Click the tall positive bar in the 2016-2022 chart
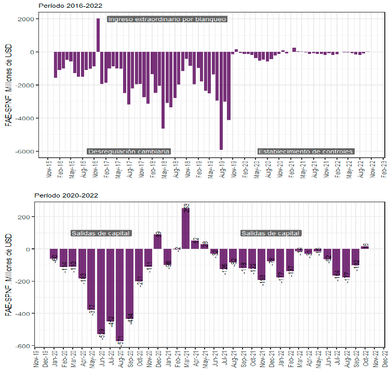pyautogui.click(x=98, y=35)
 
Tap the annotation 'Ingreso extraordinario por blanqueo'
pyautogui.click(x=167, y=19)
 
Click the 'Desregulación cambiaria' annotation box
pyautogui.click(x=129, y=151)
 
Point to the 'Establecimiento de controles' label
pyautogui.click(x=305, y=151)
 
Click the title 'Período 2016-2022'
pyautogui.click(x=71, y=6)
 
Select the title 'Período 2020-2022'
pyautogui.click(x=66, y=195)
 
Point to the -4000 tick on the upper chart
pyautogui.click(x=25, y=118)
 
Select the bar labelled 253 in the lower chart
pyautogui.click(x=186, y=228)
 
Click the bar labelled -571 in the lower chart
pyautogui.click(x=120, y=295)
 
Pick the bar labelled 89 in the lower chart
pyautogui.click(x=157, y=242)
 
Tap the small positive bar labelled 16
pyautogui.click(x=365, y=247)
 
